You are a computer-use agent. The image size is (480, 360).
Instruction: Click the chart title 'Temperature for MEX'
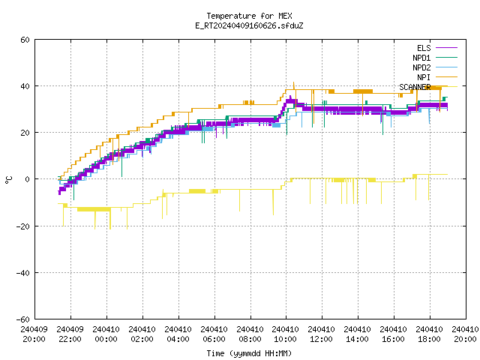tap(249, 16)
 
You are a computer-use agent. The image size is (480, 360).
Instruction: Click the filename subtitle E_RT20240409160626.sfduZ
tap(249, 25)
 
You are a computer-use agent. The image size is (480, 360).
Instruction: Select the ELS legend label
tap(424, 48)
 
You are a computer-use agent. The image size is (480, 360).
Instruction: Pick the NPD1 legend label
tap(421, 58)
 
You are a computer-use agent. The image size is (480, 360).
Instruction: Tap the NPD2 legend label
tap(421, 67)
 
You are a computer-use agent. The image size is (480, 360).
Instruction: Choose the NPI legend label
tap(424, 77)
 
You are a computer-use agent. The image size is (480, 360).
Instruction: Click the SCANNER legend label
tap(415, 87)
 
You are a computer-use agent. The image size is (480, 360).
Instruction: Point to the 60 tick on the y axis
tap(25, 40)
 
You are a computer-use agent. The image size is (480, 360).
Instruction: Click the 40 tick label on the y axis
tap(25, 86)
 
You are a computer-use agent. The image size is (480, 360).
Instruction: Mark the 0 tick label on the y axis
tap(28, 179)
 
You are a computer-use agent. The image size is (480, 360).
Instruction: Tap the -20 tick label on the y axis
tap(23, 226)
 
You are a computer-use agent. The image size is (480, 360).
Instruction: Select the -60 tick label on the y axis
tap(23, 319)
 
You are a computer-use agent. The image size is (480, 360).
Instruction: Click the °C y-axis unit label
tap(8, 180)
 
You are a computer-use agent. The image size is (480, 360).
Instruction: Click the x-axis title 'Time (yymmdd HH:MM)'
tap(249, 353)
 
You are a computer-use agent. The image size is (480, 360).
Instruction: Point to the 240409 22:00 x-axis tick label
tap(70, 334)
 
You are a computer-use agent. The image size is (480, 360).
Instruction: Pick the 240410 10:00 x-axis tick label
tap(285, 334)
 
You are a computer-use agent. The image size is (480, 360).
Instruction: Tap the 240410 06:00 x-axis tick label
tap(214, 334)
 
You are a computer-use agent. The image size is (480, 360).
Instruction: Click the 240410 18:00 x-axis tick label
tap(429, 334)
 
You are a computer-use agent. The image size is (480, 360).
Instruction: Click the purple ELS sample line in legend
tap(447, 48)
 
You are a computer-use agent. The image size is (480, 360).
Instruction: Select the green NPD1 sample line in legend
tap(447, 58)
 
